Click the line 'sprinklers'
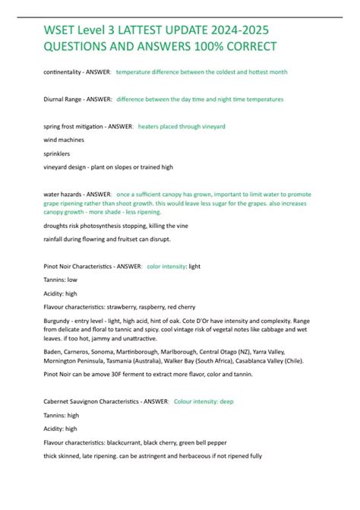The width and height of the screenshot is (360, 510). pos(58,154)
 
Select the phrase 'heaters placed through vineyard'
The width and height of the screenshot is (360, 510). pos(182,126)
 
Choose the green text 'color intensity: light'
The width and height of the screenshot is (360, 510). pos(173,267)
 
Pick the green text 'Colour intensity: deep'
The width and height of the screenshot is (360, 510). pos(204,401)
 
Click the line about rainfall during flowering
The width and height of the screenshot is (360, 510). pos(106,240)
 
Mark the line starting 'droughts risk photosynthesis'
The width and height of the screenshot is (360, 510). pos(114,226)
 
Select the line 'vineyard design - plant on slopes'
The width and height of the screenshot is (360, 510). pos(109,167)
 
